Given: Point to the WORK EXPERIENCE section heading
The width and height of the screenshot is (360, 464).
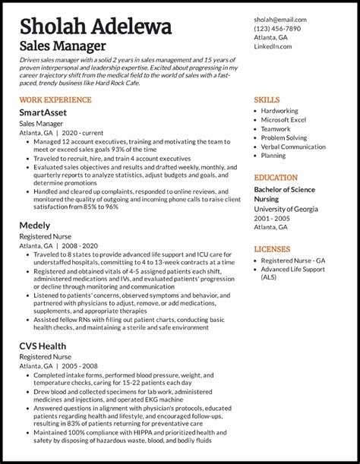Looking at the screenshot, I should click(54, 99).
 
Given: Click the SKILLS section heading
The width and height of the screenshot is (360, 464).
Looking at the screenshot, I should click(267, 99).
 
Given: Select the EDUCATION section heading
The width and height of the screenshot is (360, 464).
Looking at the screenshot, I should click(276, 177).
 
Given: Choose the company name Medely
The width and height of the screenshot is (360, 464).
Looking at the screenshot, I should click(35, 226).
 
